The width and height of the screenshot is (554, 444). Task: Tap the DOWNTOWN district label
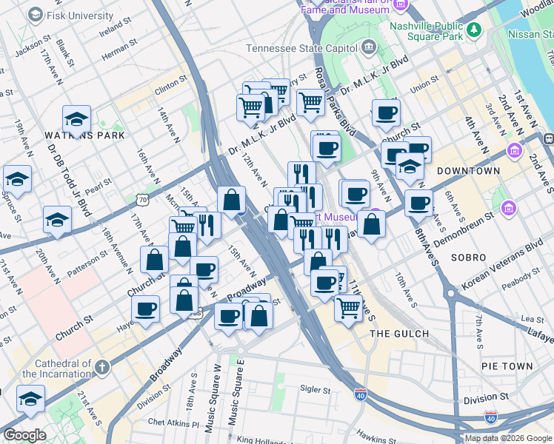click(x=468, y=171)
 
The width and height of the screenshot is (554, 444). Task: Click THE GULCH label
click(x=399, y=334)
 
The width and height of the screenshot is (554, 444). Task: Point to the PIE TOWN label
click(x=507, y=366)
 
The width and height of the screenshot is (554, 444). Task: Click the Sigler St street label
click(x=314, y=388)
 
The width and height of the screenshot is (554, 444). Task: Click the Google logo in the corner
click(x=24, y=435)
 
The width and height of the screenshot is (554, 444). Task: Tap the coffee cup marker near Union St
click(x=385, y=113)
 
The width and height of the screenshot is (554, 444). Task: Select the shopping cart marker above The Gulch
click(x=347, y=306)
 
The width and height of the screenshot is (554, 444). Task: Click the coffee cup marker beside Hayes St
click(x=146, y=307)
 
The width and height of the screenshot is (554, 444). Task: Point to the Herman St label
click(x=115, y=52)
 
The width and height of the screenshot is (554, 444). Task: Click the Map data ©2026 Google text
click(x=508, y=438)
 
